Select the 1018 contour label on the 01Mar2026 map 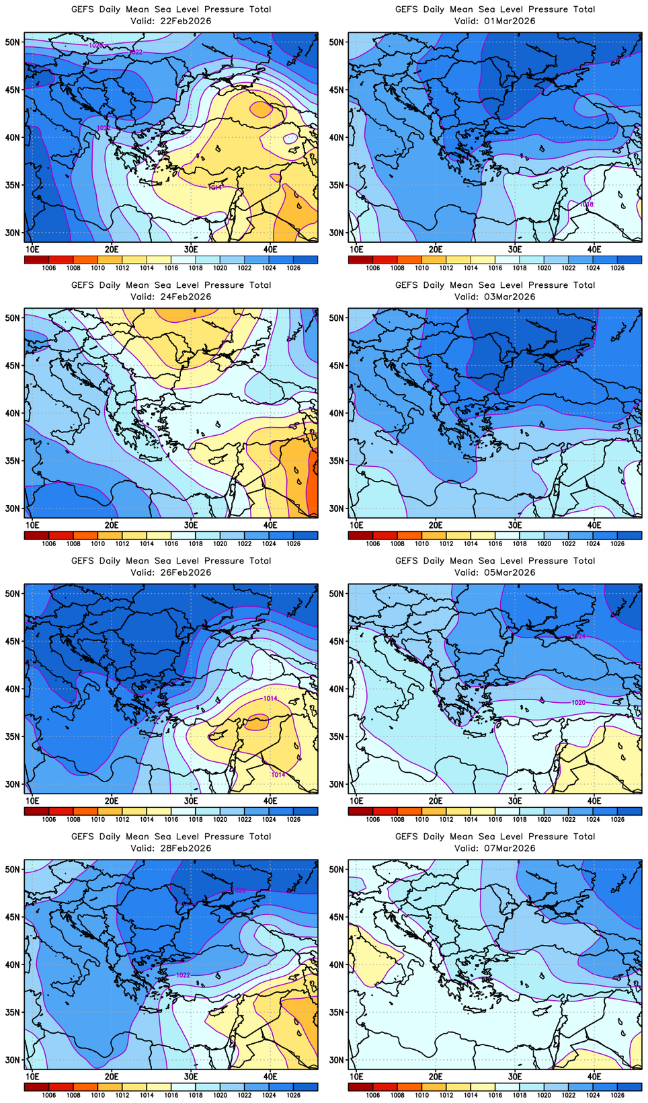pos(586,204)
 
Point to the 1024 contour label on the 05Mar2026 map pos(578,636)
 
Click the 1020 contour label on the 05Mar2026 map pos(578,702)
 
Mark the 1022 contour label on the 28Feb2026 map pos(183,975)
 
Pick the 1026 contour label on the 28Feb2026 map pos(239,890)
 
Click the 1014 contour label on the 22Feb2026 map pos(214,188)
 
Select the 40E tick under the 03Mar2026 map pos(594,525)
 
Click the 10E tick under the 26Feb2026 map pos(32,800)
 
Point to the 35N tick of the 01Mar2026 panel pos(337,185)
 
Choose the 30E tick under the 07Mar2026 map pos(515,1076)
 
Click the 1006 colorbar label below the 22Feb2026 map pos(48,268)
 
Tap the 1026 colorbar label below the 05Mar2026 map pos(617,820)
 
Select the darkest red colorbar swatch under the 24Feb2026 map pos(36,535)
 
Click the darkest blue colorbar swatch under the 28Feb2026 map pos(305,1087)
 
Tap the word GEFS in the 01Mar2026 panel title pos(407,9)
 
